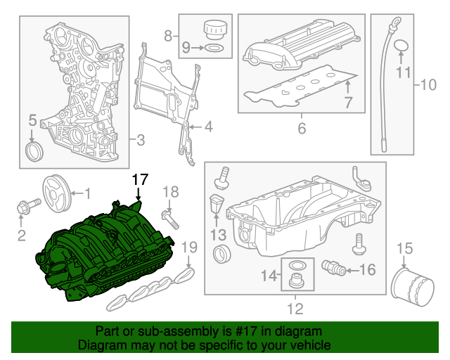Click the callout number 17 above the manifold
pos(141,180)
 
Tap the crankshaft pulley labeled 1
pos(56,192)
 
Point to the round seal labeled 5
pos(33,152)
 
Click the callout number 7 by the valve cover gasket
pos(347,103)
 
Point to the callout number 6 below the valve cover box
pos(302,129)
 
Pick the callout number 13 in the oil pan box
pos(219,233)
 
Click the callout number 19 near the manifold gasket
pos(188,247)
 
